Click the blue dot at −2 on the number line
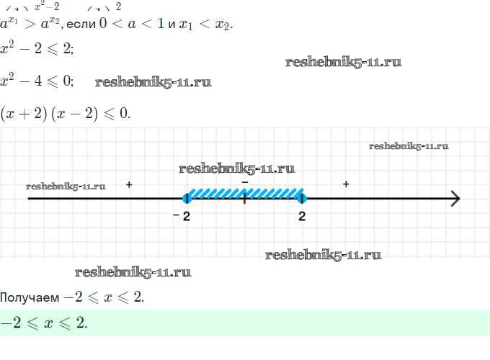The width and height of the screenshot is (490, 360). click(x=187, y=199)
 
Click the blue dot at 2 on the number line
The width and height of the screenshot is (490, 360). click(x=302, y=199)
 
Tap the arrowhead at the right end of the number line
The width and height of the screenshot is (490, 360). click(x=455, y=199)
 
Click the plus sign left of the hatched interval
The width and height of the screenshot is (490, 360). click(x=129, y=185)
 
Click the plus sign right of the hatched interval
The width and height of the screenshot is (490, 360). click(x=347, y=185)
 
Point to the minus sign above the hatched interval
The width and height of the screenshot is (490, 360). click(x=245, y=184)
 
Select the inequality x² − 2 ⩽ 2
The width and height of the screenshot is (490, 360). click(x=37, y=50)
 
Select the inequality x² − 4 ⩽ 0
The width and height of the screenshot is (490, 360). click(x=37, y=80)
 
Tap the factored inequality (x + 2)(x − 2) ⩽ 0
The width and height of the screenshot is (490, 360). click(x=65, y=113)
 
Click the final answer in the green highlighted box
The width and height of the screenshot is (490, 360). click(x=44, y=323)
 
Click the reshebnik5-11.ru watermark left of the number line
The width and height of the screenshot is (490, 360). click(x=66, y=186)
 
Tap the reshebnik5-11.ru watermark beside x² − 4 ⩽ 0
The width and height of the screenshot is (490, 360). click(x=153, y=82)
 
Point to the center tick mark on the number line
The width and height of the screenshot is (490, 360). click(x=245, y=199)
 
